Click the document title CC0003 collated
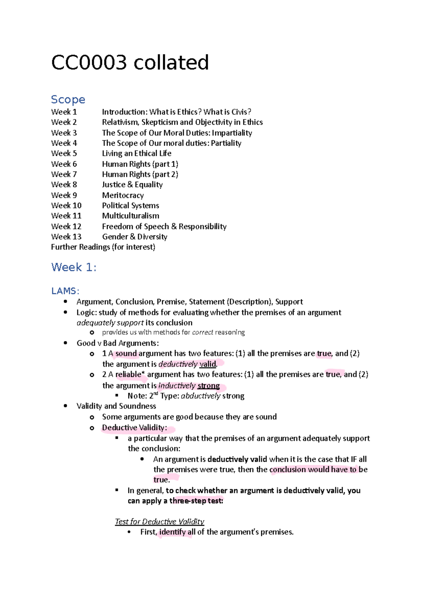130,63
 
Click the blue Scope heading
68,100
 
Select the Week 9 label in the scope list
64,195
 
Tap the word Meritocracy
123,195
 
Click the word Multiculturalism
130,216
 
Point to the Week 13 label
66,237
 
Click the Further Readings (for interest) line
103,247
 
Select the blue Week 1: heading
73,267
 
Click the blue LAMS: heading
65,291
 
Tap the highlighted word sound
126,354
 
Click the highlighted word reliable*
130,374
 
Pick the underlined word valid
207,364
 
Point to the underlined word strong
209,386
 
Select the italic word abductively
200,396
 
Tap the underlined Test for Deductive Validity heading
159,522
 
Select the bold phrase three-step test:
196,501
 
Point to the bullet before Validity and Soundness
65,406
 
